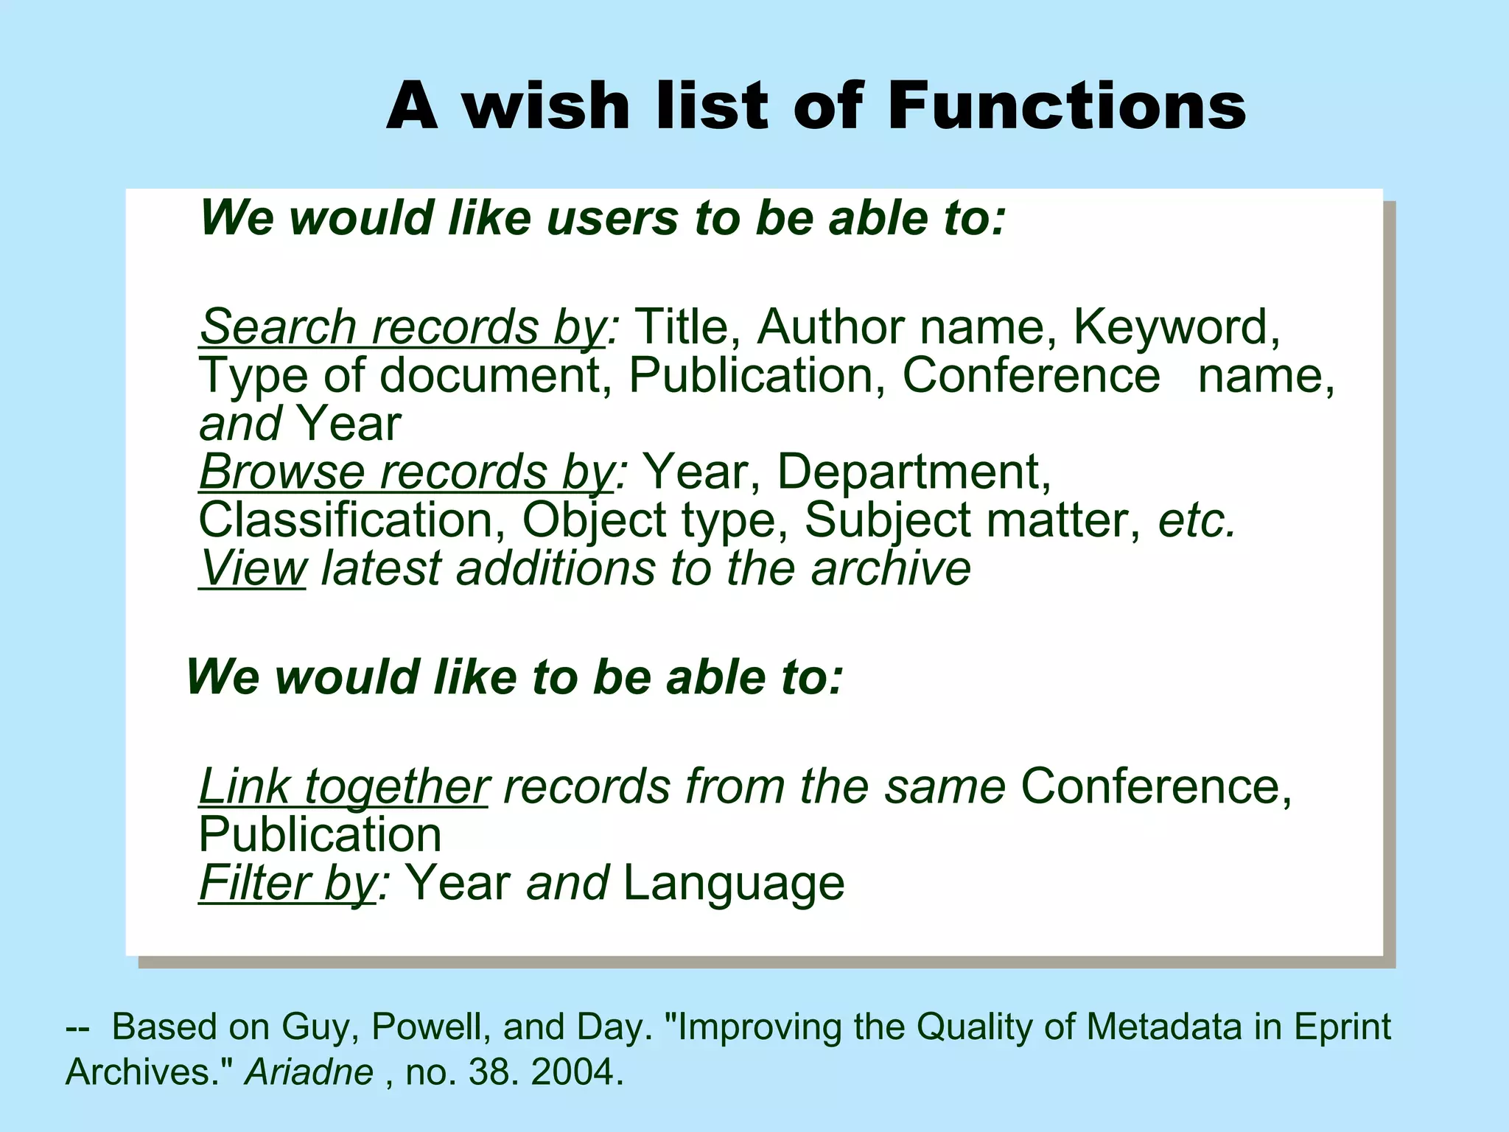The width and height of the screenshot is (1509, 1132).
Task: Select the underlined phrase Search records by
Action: tap(402, 326)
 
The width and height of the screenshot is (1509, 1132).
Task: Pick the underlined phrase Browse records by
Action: tap(406, 472)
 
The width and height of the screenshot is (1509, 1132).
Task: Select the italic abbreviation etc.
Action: tap(1195, 521)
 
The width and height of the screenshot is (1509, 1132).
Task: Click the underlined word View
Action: tap(253, 569)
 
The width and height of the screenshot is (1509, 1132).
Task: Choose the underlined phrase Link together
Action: tap(343, 787)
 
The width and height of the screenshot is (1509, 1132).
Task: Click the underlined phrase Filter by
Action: tap(288, 884)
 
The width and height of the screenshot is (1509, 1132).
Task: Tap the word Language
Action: tap(733, 884)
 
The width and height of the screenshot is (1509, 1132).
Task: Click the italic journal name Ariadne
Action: tap(309, 1072)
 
